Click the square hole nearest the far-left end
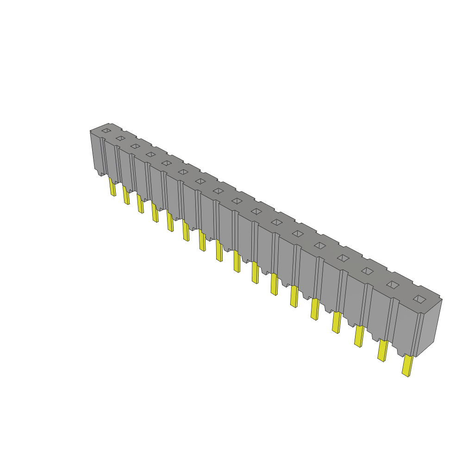[x=106, y=131]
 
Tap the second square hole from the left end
[x=120, y=138]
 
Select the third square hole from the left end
[x=135, y=146]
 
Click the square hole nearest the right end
[x=419, y=299]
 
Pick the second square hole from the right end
[x=393, y=285]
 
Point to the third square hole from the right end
[x=367, y=271]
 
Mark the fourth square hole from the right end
[x=343, y=258]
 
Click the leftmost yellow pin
[x=112, y=187]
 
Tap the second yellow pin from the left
[x=126, y=195]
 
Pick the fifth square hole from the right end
[x=320, y=245]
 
